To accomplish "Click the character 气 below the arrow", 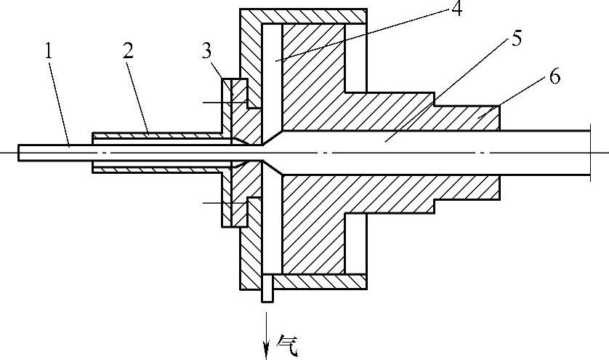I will pyautogui.click(x=289, y=342).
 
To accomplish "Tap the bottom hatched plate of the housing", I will pyautogui.click(x=320, y=282).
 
